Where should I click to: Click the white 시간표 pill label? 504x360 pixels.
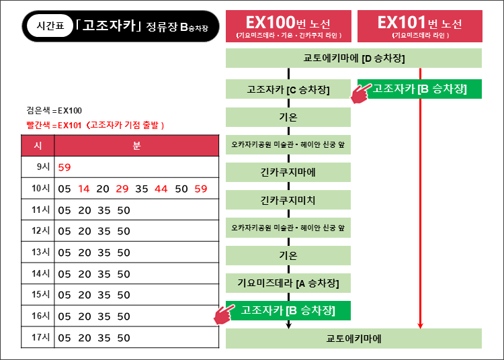pyautogui.click(x=50, y=26)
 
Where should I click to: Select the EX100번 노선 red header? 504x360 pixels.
pyautogui.click(x=288, y=26)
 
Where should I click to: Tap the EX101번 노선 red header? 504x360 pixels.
pyautogui.click(x=420, y=26)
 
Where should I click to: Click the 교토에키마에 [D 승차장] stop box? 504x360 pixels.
pyautogui.click(x=353, y=58)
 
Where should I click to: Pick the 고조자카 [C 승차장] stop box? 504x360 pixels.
pyautogui.click(x=288, y=89)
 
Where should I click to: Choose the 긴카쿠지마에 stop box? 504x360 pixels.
pyautogui.click(x=288, y=173)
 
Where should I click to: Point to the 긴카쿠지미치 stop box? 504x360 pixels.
pyautogui.click(x=288, y=200)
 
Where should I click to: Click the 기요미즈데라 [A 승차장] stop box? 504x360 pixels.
pyautogui.click(x=288, y=283)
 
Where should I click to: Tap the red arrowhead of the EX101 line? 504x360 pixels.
pyautogui.click(x=420, y=326)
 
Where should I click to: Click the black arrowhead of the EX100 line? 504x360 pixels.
pyautogui.click(x=289, y=326)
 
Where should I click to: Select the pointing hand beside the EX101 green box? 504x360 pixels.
pyautogui.click(x=361, y=93)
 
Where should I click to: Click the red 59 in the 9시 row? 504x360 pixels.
pyautogui.click(x=65, y=167)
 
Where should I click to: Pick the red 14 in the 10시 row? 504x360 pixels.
pyautogui.click(x=83, y=189)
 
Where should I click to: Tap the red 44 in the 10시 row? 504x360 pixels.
pyautogui.click(x=161, y=189)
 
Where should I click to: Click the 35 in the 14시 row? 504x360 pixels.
pyautogui.click(x=104, y=274)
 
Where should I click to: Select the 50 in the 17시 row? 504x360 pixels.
pyautogui.click(x=124, y=338)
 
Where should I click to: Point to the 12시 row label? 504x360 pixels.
pyautogui.click(x=40, y=230)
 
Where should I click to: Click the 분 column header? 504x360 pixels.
pyautogui.click(x=136, y=146)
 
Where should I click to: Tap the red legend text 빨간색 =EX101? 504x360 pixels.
pyautogui.click(x=54, y=125)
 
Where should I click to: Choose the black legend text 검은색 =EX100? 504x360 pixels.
pyautogui.click(x=54, y=111)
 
